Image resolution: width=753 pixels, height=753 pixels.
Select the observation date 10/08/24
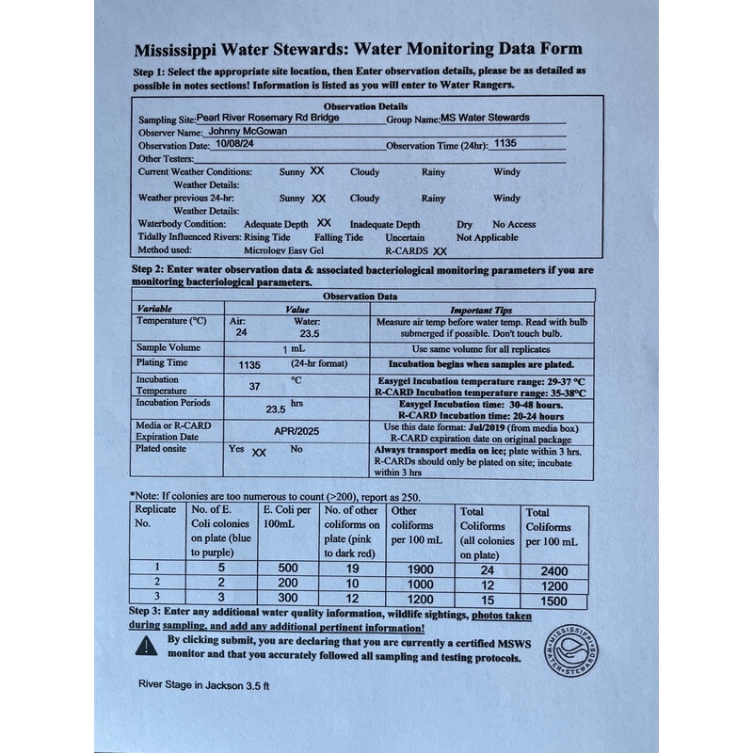point(235,145)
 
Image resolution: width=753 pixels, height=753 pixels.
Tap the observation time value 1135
point(505,145)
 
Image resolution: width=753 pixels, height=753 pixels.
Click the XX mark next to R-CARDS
point(440,251)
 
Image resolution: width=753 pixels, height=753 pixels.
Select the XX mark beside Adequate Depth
point(324,224)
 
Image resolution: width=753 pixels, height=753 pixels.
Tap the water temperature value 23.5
point(310,333)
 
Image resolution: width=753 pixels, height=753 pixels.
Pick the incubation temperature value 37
point(254,386)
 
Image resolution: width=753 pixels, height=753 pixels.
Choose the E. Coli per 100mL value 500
point(288,569)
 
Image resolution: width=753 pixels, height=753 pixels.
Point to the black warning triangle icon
point(147,645)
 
